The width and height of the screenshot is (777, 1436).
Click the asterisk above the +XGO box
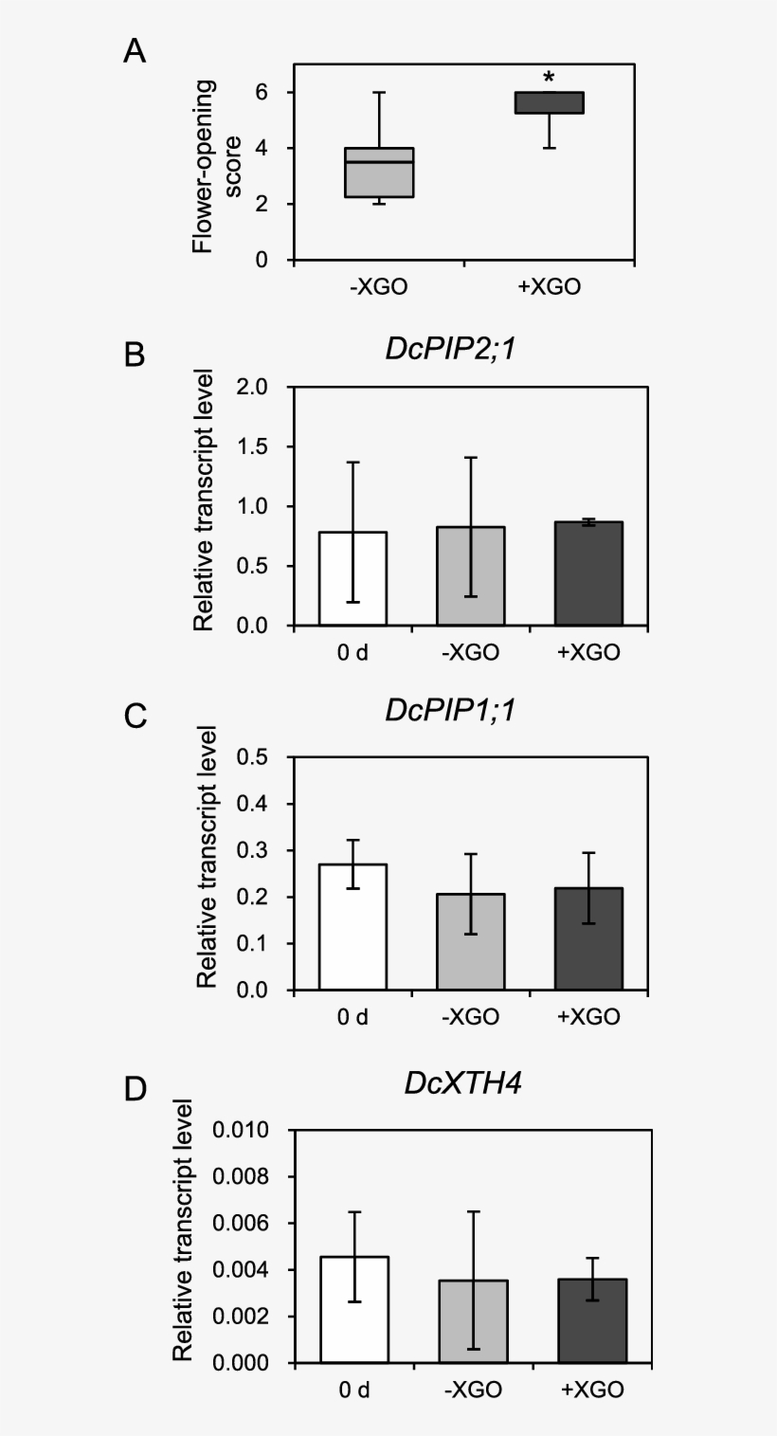[x=549, y=76]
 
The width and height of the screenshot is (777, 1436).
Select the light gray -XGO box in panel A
[x=379, y=173]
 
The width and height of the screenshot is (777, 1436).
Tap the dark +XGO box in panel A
[x=549, y=102]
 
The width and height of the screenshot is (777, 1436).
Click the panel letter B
[x=135, y=355]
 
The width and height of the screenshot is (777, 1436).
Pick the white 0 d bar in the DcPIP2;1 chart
[x=352, y=578]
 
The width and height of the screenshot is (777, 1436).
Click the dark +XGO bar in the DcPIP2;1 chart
[x=588, y=573]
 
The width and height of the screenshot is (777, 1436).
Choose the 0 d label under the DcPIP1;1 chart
[x=352, y=1017]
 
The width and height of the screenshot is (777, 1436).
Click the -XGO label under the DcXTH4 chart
[x=472, y=1390]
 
